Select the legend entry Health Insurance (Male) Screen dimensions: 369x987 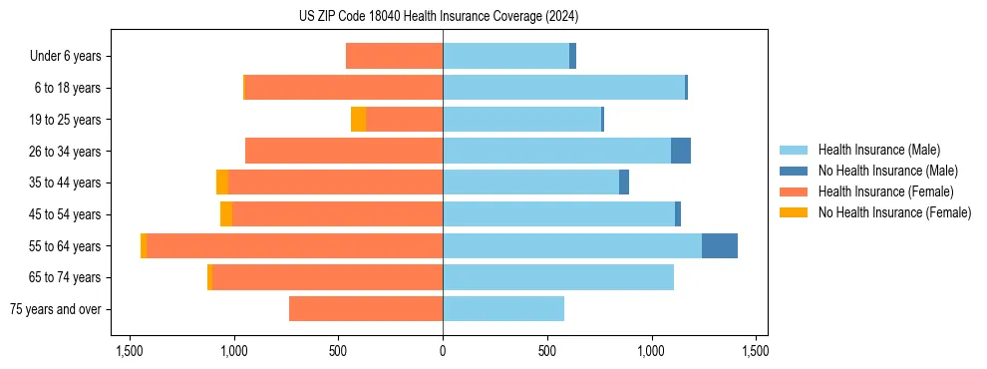click(x=878, y=150)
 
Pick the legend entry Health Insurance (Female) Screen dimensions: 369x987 click(x=885, y=191)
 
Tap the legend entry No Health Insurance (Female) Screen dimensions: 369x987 click(x=894, y=212)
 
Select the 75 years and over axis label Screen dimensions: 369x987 click(x=55, y=309)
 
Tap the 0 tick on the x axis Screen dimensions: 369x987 click(x=443, y=351)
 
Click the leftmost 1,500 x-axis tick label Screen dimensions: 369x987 click(x=130, y=351)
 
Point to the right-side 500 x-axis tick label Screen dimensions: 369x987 click(x=546, y=351)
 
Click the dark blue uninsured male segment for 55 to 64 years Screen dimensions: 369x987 click(x=720, y=246)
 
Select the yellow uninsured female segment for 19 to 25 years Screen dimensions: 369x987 click(x=358, y=120)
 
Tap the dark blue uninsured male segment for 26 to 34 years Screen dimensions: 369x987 click(x=681, y=152)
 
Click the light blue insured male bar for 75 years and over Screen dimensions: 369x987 click(x=503, y=309)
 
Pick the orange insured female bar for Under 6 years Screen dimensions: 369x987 click(x=394, y=57)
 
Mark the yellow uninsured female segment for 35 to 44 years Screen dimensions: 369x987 click(x=222, y=183)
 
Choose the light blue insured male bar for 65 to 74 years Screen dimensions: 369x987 click(x=558, y=277)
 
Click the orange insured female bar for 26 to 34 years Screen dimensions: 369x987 click(x=344, y=152)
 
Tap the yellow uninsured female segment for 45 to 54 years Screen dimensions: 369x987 click(x=226, y=214)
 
